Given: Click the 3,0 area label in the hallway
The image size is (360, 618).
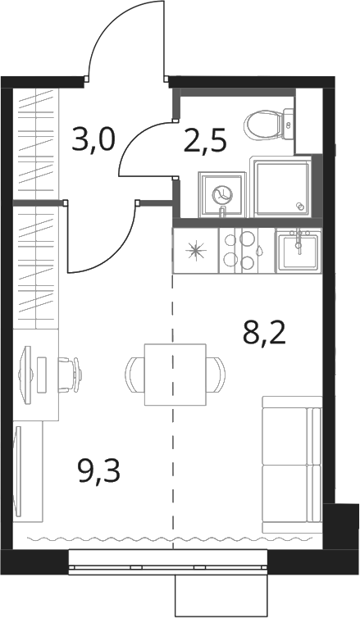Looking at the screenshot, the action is coord(93,140).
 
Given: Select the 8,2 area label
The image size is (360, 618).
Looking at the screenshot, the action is coord(264,333).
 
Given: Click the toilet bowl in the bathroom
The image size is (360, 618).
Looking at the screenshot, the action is coord(262,124).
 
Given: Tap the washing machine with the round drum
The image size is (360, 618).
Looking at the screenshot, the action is coord(221,194).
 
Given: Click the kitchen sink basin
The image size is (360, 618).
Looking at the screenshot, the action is coord(298,251).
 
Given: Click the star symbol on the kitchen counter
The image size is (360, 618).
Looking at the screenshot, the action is coord(196,251).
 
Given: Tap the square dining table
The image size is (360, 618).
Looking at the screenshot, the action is coord(175,375).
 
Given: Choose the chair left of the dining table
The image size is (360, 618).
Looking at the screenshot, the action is coord(134,375).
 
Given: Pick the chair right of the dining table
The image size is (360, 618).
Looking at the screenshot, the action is coord(216,375).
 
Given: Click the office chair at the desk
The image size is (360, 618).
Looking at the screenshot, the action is coord(71,375).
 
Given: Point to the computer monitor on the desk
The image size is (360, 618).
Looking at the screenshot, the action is coord(25,374).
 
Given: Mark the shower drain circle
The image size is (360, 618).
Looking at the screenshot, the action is coord(299,206).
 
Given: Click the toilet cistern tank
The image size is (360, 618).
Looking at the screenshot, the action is coord(289,124).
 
